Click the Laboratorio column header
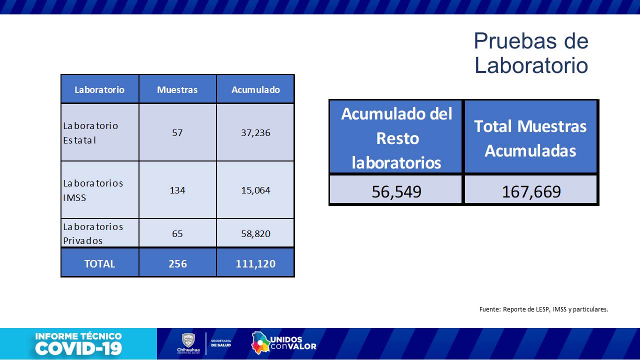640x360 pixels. coord(99,90)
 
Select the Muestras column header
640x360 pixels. coord(177,90)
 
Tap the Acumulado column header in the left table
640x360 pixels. coord(255,90)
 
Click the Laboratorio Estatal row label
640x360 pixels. coord(91,132)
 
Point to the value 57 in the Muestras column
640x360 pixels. coord(177,132)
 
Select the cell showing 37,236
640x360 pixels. coord(255,132)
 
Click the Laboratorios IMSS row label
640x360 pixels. coord(93,190)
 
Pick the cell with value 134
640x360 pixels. coord(177,190)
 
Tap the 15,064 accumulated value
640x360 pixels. coord(255,190)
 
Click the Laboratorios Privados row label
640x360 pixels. coord(93,233)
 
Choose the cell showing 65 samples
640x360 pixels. coord(177,233)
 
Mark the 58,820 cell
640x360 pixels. coord(255,233)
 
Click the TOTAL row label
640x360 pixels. coord(99,263)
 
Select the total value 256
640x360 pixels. coord(177,263)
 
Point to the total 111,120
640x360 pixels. coord(255,263)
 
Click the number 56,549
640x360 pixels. coord(396,191)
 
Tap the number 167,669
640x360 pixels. coord(531,191)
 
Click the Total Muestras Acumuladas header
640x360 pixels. coord(530,138)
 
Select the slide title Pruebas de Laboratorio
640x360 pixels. coord(531,53)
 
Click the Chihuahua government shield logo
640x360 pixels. coord(188,341)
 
